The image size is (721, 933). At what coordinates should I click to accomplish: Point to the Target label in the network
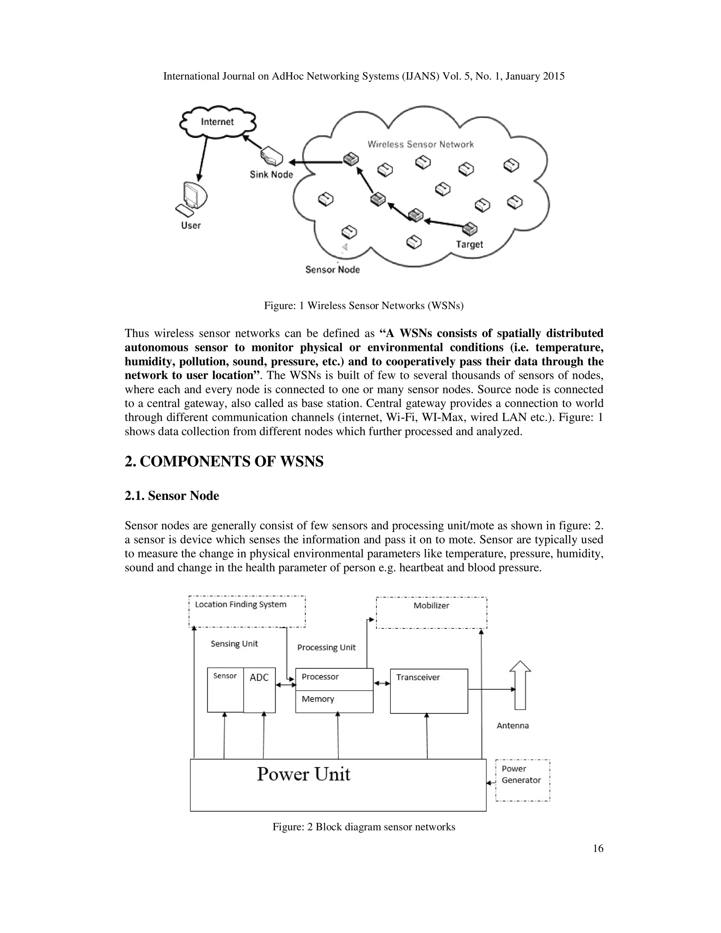[469, 244]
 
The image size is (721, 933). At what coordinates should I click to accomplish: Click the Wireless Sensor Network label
[420, 144]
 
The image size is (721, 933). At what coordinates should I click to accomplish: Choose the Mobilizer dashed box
[431, 613]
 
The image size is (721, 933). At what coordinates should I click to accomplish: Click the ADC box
[259, 690]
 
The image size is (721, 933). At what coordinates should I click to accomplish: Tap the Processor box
[334, 679]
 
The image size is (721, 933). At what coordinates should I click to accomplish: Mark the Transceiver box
[428, 691]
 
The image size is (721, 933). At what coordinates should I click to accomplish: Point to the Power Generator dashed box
[522, 780]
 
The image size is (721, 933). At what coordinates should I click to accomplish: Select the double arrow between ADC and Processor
[285, 685]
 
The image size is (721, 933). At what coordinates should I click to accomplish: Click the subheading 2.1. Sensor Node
[172, 496]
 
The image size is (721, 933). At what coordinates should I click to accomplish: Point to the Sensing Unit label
[234, 644]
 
